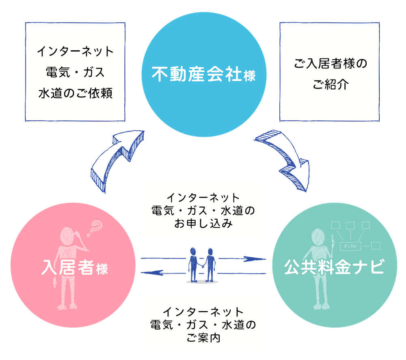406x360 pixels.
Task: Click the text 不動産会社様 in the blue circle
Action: pyautogui.click(x=203, y=75)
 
